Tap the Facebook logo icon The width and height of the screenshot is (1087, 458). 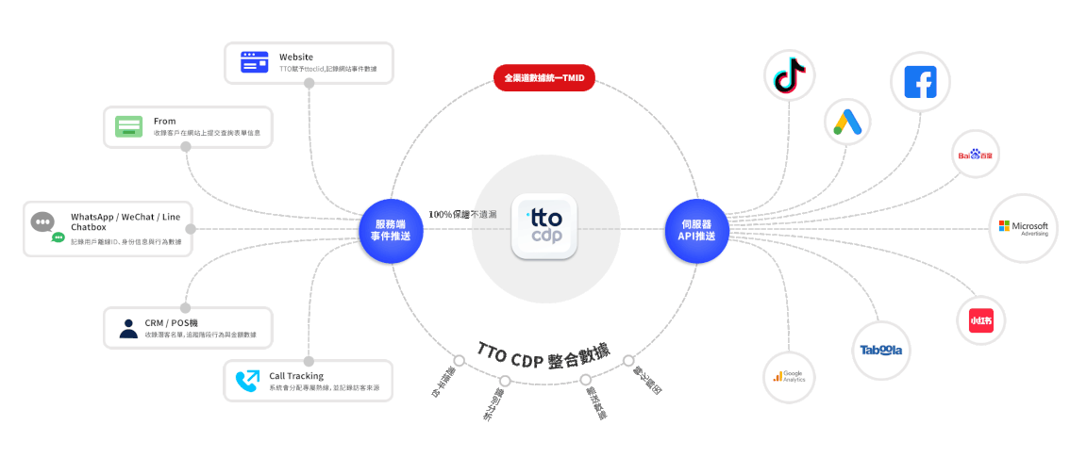click(x=920, y=82)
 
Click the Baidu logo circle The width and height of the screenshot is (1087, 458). click(x=975, y=155)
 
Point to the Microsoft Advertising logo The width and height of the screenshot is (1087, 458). click(x=1024, y=228)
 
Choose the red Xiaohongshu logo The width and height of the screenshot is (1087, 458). click(x=980, y=320)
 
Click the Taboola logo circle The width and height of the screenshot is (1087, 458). click(x=879, y=350)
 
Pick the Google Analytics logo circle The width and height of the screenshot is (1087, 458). click(x=789, y=376)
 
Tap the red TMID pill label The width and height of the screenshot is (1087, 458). click(x=544, y=77)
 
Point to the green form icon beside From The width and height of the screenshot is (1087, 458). click(x=129, y=126)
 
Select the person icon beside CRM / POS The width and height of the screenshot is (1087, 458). click(x=128, y=328)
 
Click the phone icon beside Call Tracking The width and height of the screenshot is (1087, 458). click(x=247, y=381)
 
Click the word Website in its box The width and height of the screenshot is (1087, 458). click(x=296, y=57)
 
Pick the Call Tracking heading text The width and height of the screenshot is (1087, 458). click(x=296, y=376)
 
